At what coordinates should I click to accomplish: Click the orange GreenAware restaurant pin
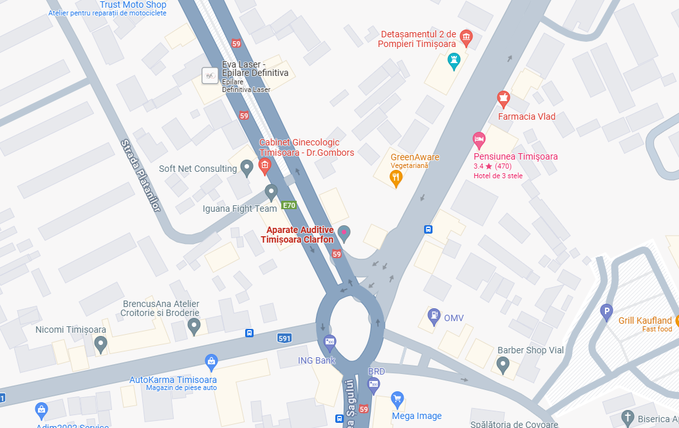tap(396, 178)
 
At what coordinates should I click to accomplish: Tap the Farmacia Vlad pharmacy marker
tap(503, 99)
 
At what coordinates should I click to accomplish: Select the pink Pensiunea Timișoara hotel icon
tap(479, 138)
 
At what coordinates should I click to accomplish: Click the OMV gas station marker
tap(435, 316)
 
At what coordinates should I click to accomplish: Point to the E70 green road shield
tap(289, 206)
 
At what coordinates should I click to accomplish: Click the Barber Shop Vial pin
tap(503, 366)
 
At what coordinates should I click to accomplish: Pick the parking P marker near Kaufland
tap(606, 313)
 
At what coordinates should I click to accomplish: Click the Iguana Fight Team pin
tap(272, 192)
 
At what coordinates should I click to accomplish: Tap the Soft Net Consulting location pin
tap(246, 169)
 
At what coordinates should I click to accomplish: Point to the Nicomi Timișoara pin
tap(100, 345)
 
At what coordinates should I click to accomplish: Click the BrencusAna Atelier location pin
tap(194, 327)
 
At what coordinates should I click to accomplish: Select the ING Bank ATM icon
tap(330, 342)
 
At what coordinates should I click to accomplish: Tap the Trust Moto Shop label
tap(133, 5)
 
